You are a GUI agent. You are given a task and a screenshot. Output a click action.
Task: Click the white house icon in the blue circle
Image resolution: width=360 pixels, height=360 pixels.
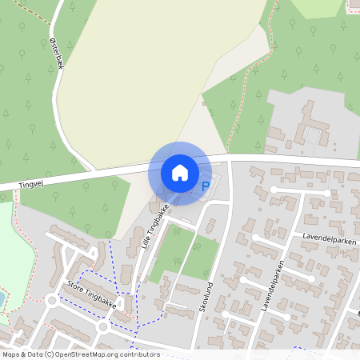click(180, 172)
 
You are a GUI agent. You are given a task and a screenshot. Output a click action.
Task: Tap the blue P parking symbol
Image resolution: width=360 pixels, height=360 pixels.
click(205, 187)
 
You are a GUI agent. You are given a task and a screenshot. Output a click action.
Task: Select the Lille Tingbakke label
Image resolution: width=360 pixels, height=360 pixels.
click(154, 227)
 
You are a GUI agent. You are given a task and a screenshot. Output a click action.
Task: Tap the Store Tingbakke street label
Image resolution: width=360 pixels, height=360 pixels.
click(92, 294)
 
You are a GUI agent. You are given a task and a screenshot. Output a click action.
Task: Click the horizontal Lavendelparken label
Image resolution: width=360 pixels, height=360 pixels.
click(329, 237)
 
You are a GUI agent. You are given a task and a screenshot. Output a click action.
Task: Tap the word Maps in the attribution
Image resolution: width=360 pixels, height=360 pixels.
click(11, 354)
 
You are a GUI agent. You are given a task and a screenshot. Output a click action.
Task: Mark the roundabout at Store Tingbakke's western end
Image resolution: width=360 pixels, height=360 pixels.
click(53, 302)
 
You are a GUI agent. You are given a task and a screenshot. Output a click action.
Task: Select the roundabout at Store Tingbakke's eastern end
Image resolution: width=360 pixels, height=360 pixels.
click(103, 326)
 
